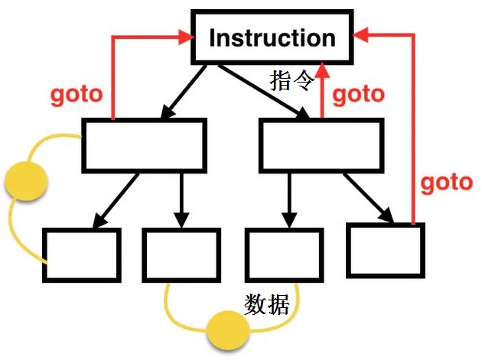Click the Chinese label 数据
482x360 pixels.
tap(266, 305)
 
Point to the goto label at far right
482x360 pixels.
tap(447, 182)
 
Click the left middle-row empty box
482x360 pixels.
tap(144, 144)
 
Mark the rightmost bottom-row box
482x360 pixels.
tap(385, 249)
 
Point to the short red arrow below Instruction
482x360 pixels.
tap(323, 92)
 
